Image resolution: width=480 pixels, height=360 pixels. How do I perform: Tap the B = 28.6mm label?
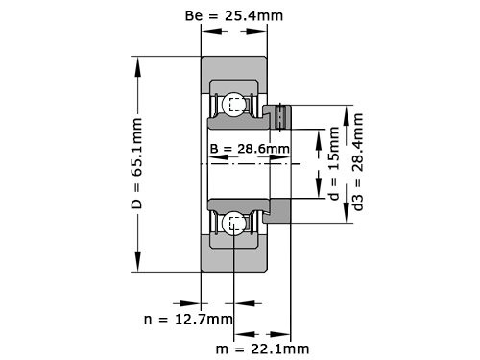249,149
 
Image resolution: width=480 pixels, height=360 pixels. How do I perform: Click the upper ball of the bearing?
234,105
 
